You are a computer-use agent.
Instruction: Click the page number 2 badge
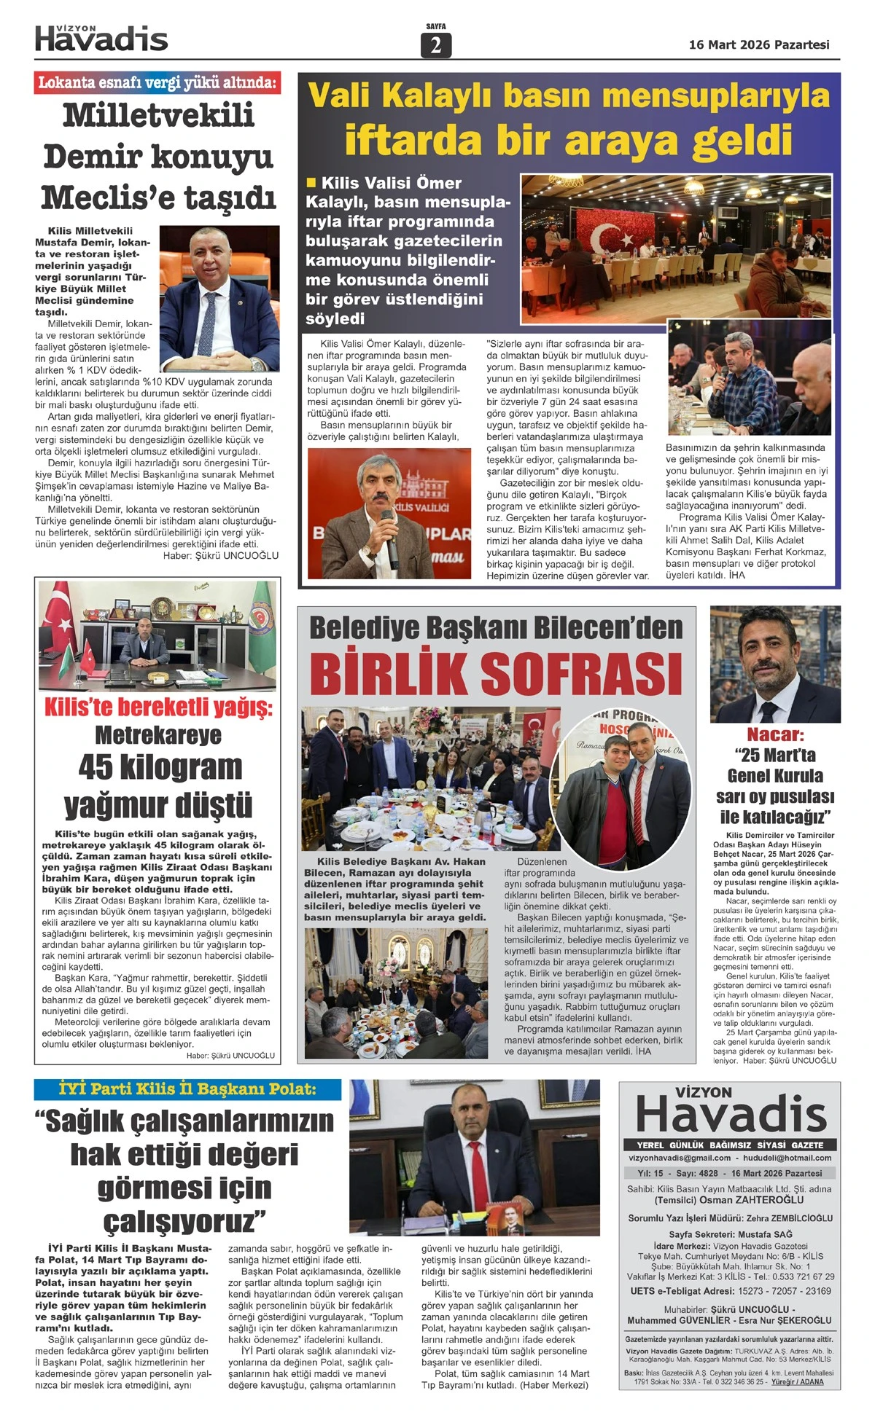(x=436, y=45)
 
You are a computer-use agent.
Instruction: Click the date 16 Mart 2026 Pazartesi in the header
(x=759, y=45)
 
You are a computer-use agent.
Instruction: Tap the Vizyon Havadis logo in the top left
(x=101, y=38)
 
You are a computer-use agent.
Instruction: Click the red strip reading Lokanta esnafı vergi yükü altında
(x=157, y=82)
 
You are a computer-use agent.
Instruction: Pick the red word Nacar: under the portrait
(x=774, y=734)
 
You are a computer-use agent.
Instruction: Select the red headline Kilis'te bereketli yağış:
(x=157, y=707)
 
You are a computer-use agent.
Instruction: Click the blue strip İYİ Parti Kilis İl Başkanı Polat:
(x=187, y=1089)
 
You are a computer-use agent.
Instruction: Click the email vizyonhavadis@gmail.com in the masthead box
(x=679, y=1158)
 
